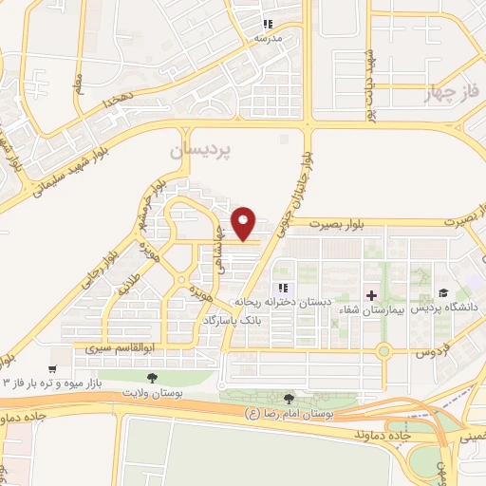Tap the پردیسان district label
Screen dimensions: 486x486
tap(200, 152)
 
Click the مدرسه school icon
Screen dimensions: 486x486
tap(269, 24)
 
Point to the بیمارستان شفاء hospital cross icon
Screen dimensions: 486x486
tap(371, 295)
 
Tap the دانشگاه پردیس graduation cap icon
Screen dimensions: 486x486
tap(442, 293)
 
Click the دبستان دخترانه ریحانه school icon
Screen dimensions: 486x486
tap(282, 289)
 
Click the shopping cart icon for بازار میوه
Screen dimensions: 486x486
tap(54, 365)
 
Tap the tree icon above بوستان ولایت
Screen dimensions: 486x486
tap(152, 378)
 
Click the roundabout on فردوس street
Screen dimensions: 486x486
tap(383, 352)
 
